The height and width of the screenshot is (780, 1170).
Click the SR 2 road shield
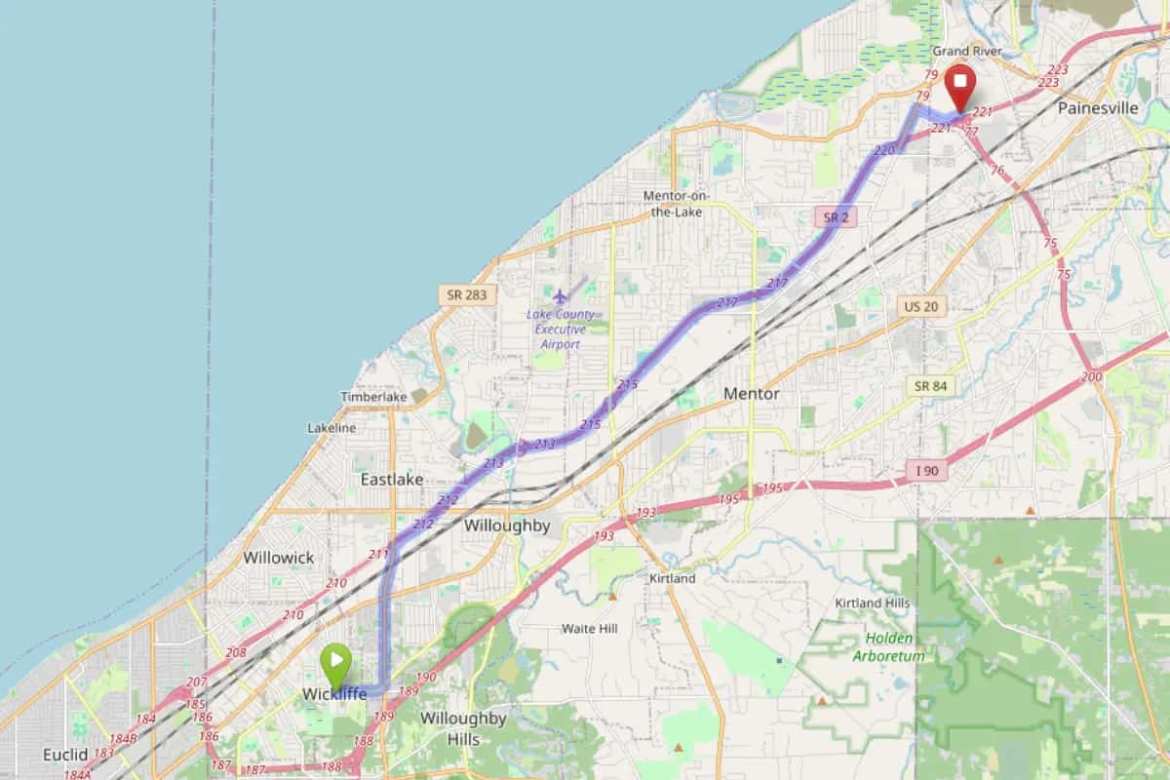click(x=836, y=216)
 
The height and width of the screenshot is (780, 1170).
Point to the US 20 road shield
click(x=921, y=306)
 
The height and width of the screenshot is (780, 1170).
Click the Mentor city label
click(x=752, y=394)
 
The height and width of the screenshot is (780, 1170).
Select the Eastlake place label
click(x=391, y=480)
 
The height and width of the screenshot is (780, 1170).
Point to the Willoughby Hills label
click(x=463, y=728)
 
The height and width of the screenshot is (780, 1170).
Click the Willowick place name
click(x=279, y=558)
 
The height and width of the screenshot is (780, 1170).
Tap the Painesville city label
click(x=1097, y=108)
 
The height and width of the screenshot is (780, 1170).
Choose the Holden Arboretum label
click(x=888, y=646)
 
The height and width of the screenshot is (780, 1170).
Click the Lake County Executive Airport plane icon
click(x=560, y=294)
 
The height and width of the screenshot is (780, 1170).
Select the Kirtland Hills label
click(x=872, y=604)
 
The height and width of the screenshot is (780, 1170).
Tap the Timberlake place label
click(x=373, y=397)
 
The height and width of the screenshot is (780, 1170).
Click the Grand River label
click(x=966, y=51)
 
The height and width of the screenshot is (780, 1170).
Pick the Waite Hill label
click(x=589, y=629)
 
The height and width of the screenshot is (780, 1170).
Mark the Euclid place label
click(x=65, y=755)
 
